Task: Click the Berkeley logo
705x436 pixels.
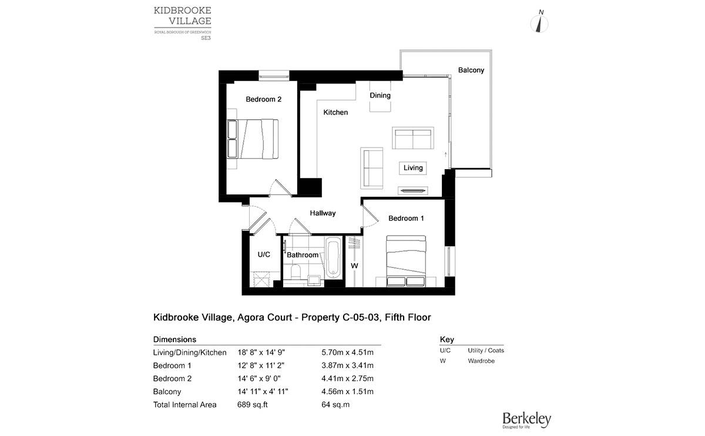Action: coord(526,420)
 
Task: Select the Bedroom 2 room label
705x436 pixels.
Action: coord(263,99)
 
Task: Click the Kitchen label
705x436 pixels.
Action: coord(335,112)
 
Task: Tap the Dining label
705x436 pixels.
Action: coord(380,95)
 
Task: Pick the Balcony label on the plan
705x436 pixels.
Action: coord(471,71)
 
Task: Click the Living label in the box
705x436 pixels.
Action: coord(413,168)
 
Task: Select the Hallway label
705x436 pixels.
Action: coord(323,213)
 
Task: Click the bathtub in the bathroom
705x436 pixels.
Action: coord(333,257)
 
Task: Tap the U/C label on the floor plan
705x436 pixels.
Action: coord(264,255)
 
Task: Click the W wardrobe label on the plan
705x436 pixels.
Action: coord(354,266)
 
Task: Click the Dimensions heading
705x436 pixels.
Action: coord(174,340)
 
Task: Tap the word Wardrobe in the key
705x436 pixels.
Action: coord(481,361)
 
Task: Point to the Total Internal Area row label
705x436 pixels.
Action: coord(184,405)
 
